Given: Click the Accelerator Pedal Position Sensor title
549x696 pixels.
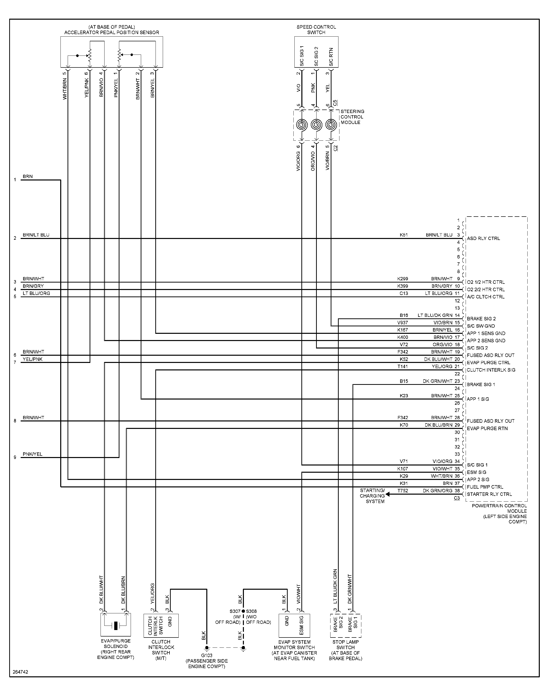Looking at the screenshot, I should tap(111, 32).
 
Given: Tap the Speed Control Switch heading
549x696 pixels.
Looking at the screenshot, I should tap(316, 30).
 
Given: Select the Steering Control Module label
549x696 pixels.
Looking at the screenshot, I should tap(352, 117).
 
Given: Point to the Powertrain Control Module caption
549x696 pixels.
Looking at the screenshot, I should tap(499, 513).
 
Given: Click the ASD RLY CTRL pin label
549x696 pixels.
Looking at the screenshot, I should tap(483, 238).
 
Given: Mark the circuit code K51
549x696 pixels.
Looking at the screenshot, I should tap(404, 235).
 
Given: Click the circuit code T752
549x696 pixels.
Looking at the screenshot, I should tap(402, 491).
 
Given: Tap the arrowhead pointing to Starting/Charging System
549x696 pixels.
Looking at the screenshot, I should tap(388, 494).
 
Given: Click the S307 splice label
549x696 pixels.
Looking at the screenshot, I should tap(235, 611).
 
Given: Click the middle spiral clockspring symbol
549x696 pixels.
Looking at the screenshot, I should tap(316, 125).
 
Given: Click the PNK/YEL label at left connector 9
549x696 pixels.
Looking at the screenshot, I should tap(32, 454).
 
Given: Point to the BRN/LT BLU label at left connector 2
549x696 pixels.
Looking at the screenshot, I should tap(36, 235).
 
